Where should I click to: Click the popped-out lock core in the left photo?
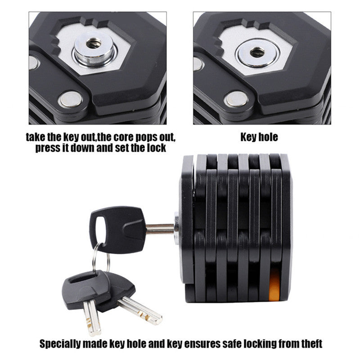[94, 49]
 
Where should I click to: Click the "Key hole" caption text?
[259, 137]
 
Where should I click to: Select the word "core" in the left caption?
[122, 137]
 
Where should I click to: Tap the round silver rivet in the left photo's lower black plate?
[71, 99]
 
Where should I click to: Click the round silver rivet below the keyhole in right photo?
[237, 99]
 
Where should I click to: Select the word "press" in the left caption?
[48, 148]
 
